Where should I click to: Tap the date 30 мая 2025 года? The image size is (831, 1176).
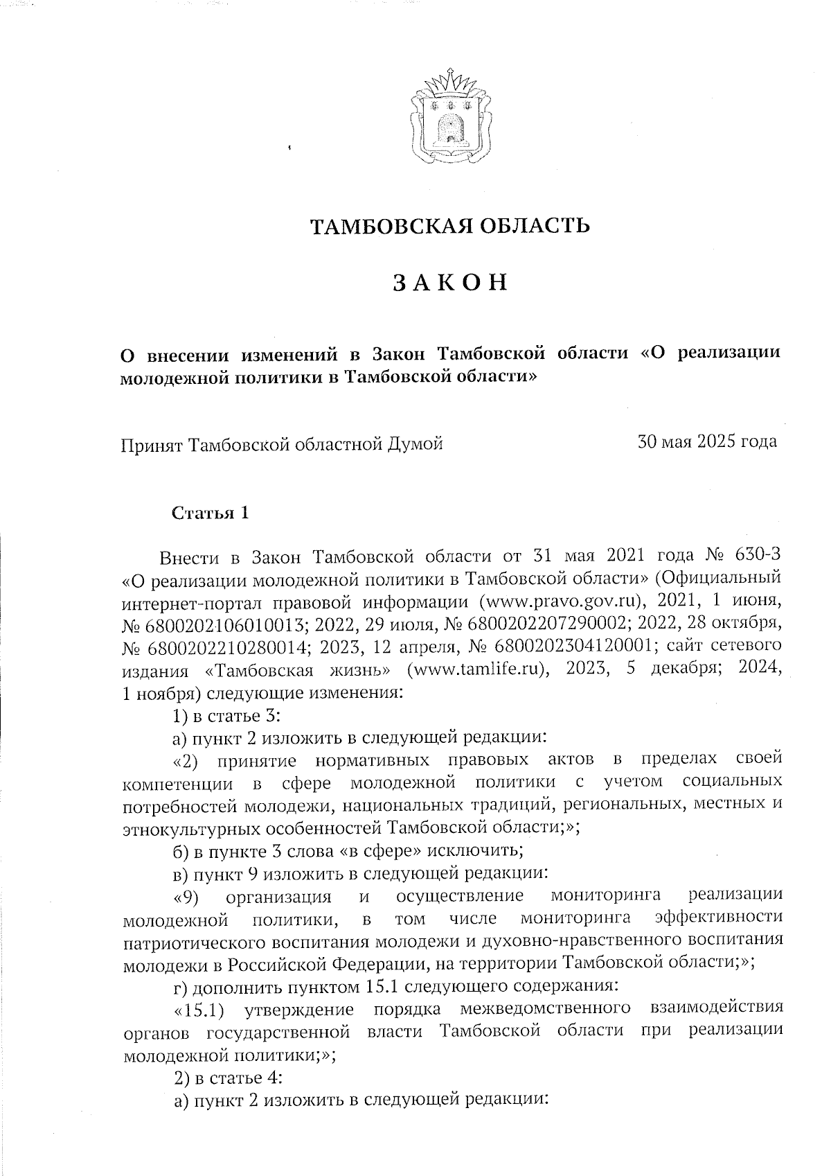[x=707, y=441]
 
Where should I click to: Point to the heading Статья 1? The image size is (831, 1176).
[x=210, y=514]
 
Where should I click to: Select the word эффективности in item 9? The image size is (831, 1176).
[x=717, y=918]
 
